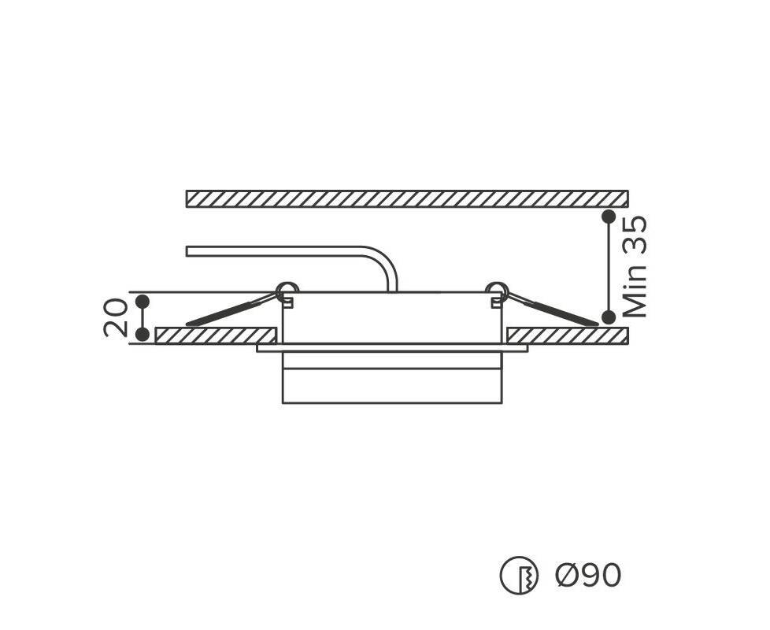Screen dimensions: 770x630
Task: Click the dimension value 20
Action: pyautogui.click(x=116, y=317)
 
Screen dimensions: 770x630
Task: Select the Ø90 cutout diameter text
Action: pyautogui.click(x=588, y=575)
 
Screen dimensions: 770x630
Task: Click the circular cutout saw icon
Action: pyautogui.click(x=519, y=575)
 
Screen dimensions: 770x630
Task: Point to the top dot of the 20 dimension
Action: pyautogui.click(x=143, y=302)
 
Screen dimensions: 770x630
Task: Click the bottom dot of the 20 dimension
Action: pyautogui.click(x=143, y=335)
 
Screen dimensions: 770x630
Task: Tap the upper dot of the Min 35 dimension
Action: pyautogui.click(x=609, y=217)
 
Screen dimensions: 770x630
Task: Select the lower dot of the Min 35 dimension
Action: pyautogui.click(x=609, y=317)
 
